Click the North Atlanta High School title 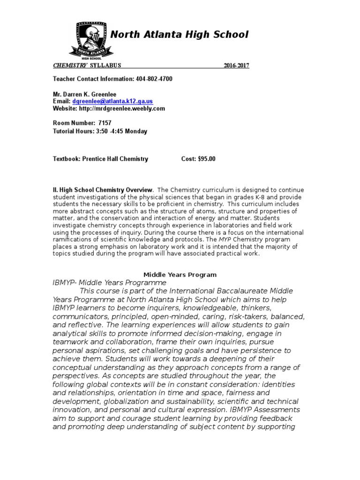[179, 34]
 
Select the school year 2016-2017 [236, 66]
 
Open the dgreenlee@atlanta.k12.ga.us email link [112, 101]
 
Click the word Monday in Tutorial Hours [136, 131]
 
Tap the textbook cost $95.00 [206, 159]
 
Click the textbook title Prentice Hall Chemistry [115, 159]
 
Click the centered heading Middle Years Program [180, 275]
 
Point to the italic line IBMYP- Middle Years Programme [109, 283]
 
